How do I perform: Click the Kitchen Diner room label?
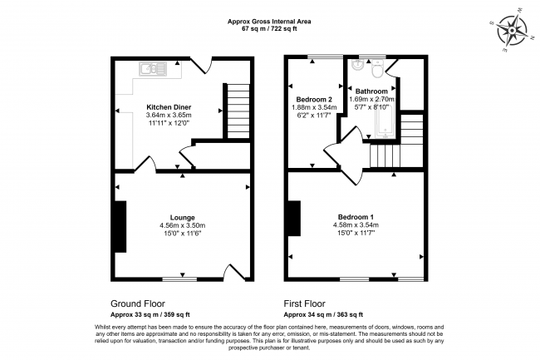pos(169,107)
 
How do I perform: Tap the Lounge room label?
pos(182,217)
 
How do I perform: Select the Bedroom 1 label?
pos(356,217)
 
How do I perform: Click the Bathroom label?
pos(371,91)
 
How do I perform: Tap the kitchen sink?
pos(153,68)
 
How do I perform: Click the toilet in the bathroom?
pos(378,68)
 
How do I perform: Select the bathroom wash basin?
pos(357,64)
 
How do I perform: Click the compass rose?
pos(512,31)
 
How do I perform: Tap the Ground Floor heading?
pos(138,303)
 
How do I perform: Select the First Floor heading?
pos(304,303)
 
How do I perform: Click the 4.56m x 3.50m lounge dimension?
pos(182,225)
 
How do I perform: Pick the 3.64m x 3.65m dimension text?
pos(169,115)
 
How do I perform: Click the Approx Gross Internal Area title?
pos(269,22)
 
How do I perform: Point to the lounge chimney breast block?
pos(120,227)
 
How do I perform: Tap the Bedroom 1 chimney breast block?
pos(294,219)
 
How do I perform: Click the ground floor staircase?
pos(238,111)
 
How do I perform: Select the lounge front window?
pos(179,279)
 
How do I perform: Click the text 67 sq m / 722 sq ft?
pos(269,29)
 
